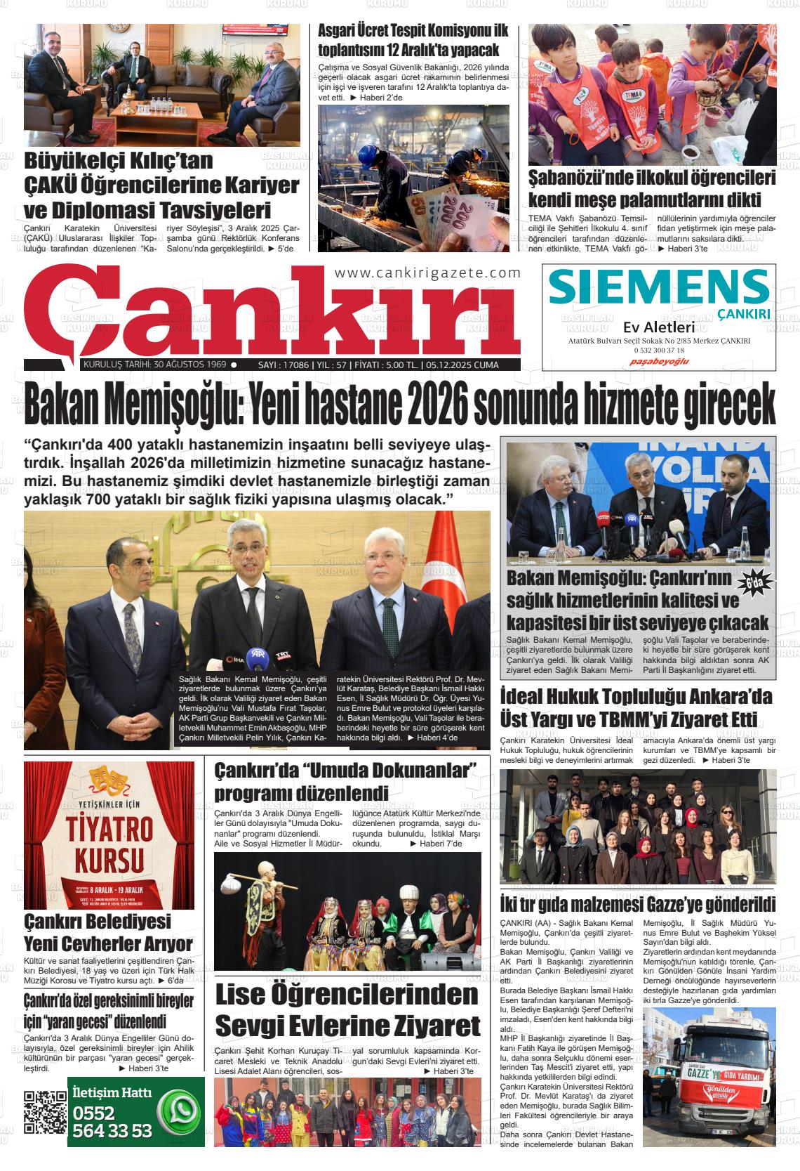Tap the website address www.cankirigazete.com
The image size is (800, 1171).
[x=428, y=273]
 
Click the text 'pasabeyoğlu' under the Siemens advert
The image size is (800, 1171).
[x=659, y=361]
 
